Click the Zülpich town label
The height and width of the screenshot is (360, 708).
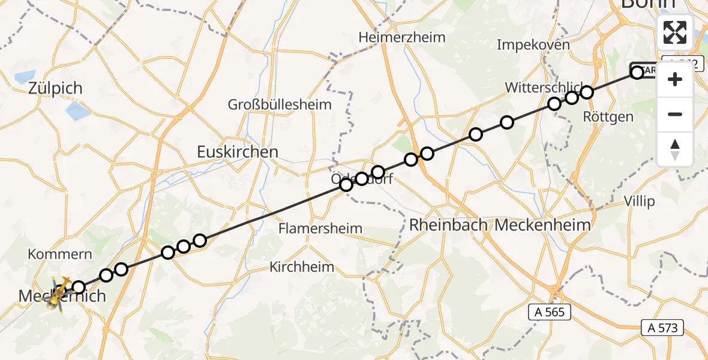55,88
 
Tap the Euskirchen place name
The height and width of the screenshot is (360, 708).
238,152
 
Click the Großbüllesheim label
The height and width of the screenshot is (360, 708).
280,104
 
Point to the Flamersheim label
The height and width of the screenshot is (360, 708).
320,229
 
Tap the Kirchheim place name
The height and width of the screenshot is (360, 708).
302,267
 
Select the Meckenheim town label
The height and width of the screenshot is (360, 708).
543,226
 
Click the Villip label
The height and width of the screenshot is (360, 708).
639,201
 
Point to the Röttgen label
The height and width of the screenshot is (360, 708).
608,117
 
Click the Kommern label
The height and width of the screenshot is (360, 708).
60,254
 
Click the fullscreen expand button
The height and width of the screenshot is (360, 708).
675,32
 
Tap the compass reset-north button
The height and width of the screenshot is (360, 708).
675,149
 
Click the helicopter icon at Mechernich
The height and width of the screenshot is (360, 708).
59,294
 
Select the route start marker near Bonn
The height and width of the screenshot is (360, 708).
637,72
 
